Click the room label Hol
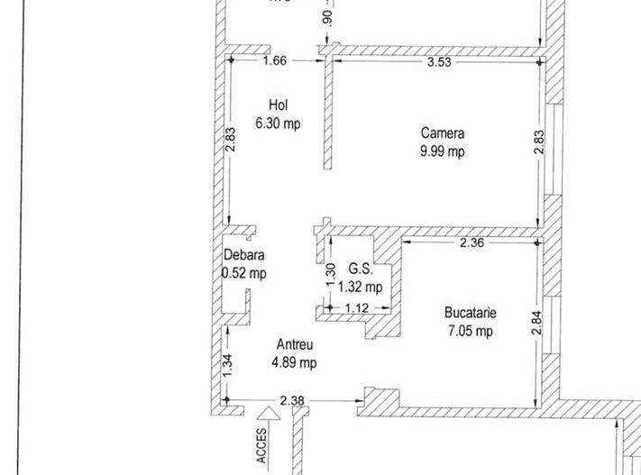(278, 105)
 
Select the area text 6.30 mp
(278, 123)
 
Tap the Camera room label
(443, 133)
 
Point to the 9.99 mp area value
(443, 151)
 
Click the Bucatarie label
(471, 314)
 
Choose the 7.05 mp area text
(471, 332)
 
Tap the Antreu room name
(295, 345)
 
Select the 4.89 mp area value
(295, 363)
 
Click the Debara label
(244, 255)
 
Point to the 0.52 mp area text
(244, 273)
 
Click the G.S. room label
(361, 269)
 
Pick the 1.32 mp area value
(361, 288)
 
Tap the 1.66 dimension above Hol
(275, 61)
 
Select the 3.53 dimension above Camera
(439, 61)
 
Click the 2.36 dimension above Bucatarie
(472, 242)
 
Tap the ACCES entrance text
(262, 444)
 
